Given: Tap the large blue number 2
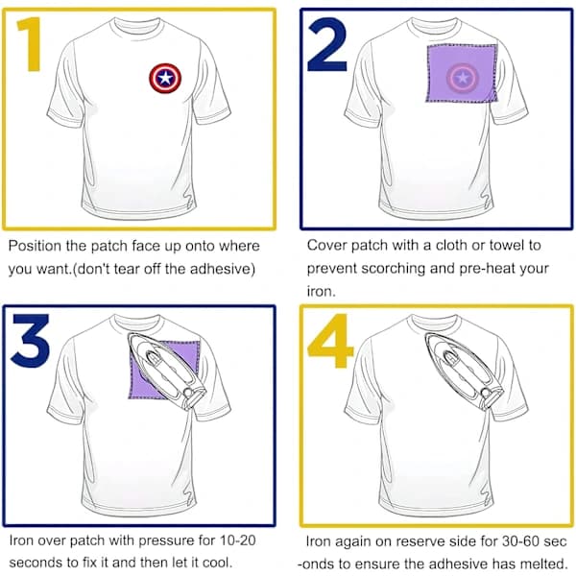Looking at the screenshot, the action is (x=327, y=44).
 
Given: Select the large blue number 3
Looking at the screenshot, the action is (x=30, y=340).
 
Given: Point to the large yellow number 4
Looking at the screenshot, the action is (x=330, y=341).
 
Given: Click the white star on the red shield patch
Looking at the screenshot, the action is (x=165, y=78).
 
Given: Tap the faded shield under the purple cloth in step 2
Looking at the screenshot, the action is (x=463, y=78).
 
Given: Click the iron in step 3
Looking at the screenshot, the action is (x=166, y=371).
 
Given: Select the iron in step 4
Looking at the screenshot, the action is (x=464, y=371).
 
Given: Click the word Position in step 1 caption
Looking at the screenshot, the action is (x=35, y=246).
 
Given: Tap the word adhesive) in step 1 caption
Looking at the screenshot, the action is (x=223, y=269).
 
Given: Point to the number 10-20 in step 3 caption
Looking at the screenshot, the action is (x=237, y=540).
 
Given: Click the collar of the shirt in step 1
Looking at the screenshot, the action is (x=136, y=27).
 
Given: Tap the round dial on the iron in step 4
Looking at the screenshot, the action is (x=486, y=393).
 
